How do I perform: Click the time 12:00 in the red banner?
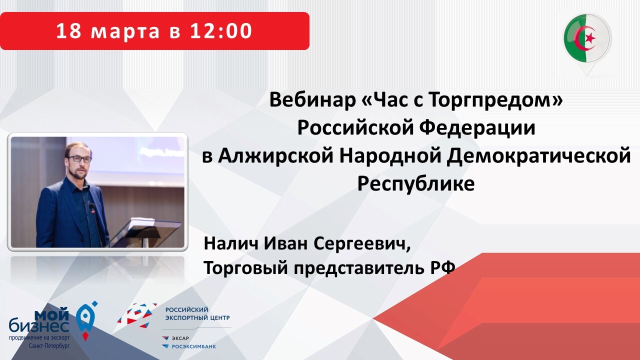220,31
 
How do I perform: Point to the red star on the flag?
589,37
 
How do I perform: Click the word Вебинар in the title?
312,100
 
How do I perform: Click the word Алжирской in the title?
275,157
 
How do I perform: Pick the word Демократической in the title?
538,157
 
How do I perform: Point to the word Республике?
415,184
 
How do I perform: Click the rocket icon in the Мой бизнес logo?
85,320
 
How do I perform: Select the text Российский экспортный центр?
197,313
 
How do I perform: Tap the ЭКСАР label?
180,338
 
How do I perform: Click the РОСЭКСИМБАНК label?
193,347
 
